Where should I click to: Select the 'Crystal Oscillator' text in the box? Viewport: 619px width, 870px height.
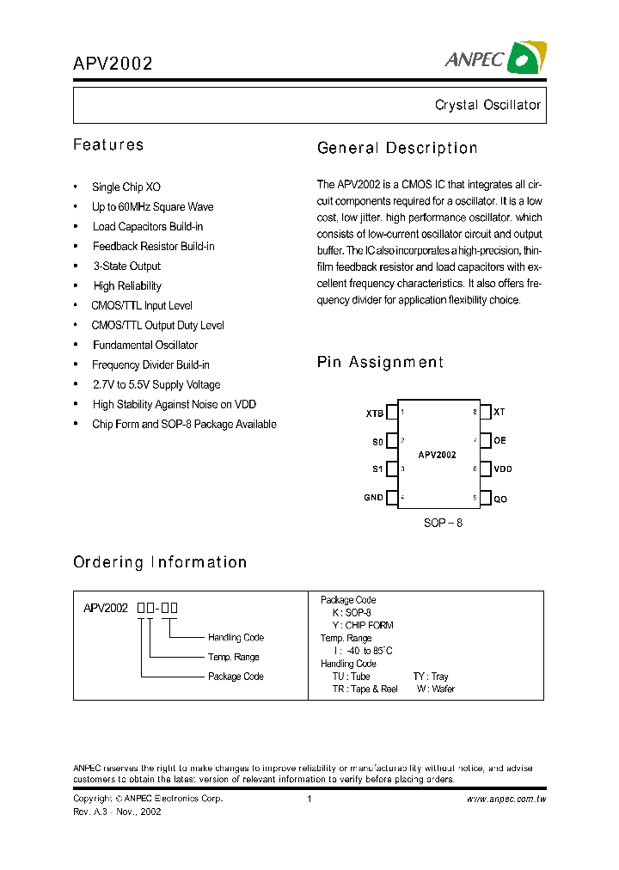(487, 105)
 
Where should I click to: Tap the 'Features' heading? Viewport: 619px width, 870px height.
(108, 144)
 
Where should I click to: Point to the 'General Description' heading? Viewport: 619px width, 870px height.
(397, 148)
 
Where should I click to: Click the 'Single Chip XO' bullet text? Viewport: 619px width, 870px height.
(126, 187)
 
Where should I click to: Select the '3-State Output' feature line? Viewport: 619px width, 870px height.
(127, 266)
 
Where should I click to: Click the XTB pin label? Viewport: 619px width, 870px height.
(375, 413)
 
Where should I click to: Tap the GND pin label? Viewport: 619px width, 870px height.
(374, 498)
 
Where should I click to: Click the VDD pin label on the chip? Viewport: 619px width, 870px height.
(503, 469)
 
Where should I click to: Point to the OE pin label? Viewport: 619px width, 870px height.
(499, 441)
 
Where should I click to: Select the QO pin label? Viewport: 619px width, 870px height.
(500, 499)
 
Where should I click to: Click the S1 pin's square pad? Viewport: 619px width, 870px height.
(392, 469)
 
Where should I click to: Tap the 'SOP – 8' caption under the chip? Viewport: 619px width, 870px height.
(444, 523)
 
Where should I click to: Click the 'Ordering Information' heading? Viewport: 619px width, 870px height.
(160, 562)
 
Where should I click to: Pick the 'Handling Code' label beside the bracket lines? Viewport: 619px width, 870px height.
(236, 637)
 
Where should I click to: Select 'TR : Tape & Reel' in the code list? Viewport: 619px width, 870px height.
(365, 689)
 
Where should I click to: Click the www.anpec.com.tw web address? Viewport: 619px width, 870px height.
(506, 799)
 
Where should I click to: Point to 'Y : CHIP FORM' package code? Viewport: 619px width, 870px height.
(363, 625)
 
